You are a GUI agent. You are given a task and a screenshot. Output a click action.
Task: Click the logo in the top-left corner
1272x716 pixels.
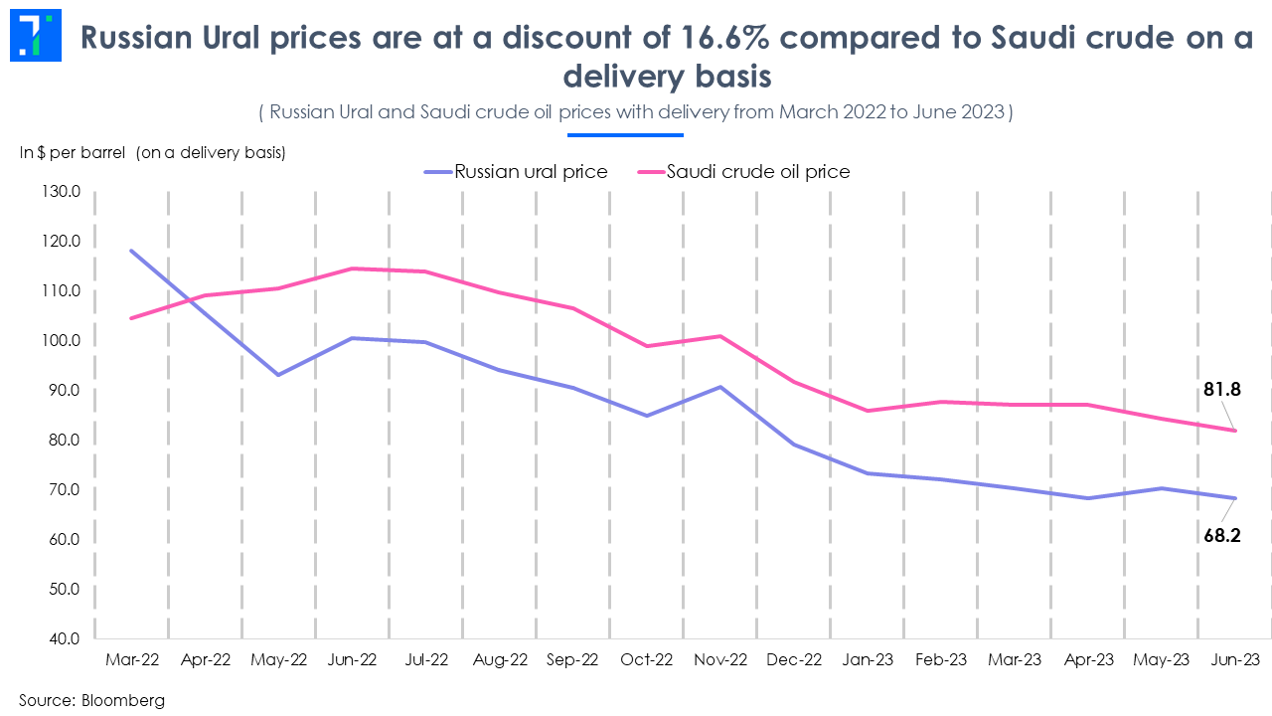coord(36,37)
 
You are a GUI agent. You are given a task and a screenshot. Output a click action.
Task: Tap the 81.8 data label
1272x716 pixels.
coord(1222,390)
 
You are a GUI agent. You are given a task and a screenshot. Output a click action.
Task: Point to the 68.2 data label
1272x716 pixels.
coord(1222,535)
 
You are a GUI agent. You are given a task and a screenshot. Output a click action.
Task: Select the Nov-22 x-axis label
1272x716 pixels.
coord(720,660)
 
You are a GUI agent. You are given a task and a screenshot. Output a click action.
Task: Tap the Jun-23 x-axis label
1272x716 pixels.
coord(1236,660)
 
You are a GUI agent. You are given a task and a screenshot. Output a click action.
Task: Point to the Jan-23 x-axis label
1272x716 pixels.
coord(868,660)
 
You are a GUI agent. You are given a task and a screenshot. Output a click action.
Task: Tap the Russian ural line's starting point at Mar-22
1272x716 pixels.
coord(131,251)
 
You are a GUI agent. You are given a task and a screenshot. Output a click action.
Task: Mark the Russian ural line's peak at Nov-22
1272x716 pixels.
coord(720,387)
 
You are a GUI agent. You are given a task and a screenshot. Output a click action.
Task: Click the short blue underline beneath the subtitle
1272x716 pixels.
coord(625,134)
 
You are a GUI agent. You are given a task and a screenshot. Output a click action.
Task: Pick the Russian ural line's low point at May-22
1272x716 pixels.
coord(278,375)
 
